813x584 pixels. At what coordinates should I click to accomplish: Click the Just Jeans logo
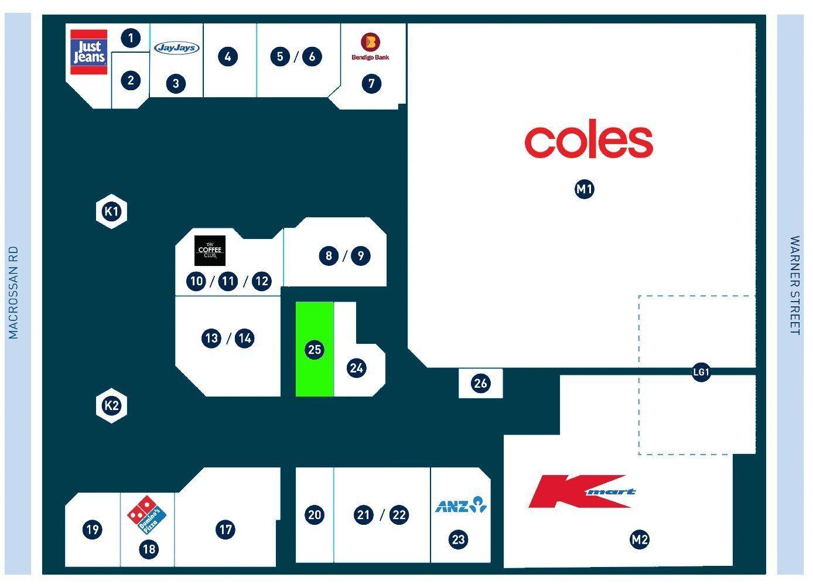(x=89, y=52)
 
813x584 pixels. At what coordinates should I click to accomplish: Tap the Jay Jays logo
(x=177, y=47)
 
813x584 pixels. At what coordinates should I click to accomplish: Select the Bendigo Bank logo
(x=370, y=47)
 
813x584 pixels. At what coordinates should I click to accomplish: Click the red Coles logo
(x=589, y=139)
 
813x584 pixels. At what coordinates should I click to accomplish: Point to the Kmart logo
(x=582, y=491)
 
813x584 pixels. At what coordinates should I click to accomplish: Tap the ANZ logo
(x=461, y=505)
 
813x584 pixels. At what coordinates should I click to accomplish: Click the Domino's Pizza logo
(x=146, y=515)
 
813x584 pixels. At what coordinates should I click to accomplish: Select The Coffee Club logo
(x=210, y=251)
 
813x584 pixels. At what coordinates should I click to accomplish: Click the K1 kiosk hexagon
(x=111, y=211)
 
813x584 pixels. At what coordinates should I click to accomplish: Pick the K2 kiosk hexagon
(x=111, y=405)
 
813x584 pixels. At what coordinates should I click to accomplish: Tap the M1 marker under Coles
(x=585, y=189)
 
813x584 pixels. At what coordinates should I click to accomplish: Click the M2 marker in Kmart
(x=640, y=539)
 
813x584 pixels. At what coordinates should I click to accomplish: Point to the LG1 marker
(x=701, y=372)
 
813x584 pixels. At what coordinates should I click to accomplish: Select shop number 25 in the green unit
(x=315, y=350)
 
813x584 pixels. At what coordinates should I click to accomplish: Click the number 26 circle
(x=480, y=383)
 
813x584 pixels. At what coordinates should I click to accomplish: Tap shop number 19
(x=92, y=530)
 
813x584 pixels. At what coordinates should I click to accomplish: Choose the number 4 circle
(x=228, y=57)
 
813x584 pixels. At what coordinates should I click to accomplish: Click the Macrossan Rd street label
(x=13, y=292)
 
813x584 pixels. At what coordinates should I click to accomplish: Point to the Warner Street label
(x=795, y=285)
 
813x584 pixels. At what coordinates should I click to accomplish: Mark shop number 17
(x=226, y=530)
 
